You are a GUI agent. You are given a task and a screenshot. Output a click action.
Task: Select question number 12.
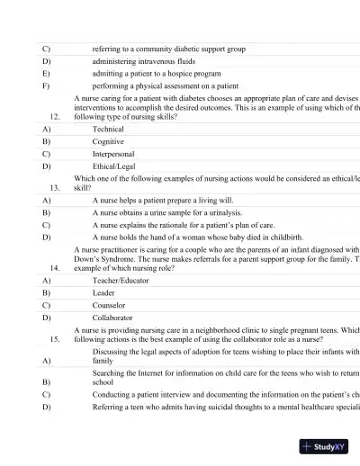56,116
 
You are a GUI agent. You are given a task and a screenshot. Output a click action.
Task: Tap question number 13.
56,187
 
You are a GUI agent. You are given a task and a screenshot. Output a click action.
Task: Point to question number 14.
56,268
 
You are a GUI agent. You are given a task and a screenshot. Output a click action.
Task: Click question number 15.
56,339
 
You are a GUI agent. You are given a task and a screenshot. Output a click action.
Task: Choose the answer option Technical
108,130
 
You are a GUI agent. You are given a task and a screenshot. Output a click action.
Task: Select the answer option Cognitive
108,142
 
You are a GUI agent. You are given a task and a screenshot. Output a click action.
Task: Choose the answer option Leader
103,293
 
